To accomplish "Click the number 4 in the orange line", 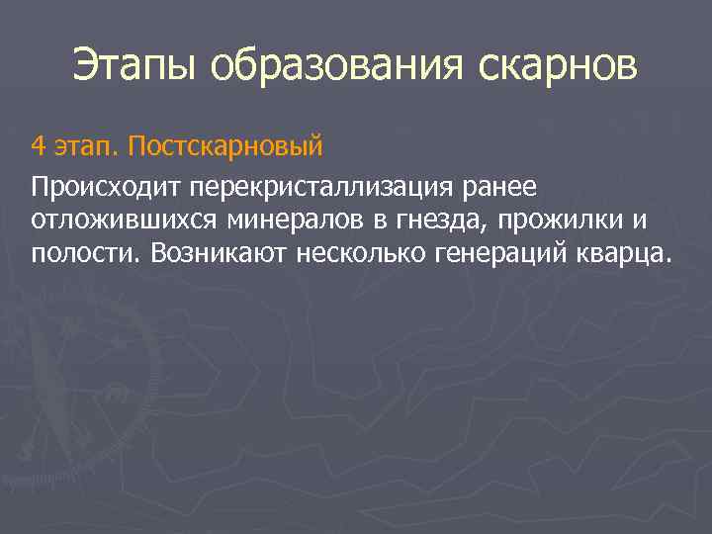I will [x=38, y=148].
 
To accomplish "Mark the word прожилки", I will [x=540, y=220].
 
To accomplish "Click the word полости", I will [x=87, y=252].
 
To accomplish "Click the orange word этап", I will [x=86, y=148].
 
